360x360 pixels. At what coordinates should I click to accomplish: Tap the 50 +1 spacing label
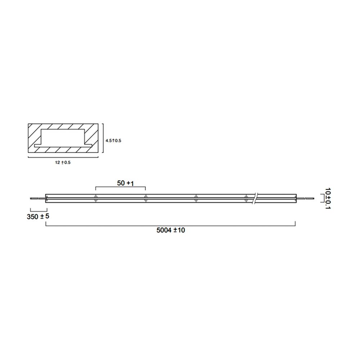[x=125, y=183]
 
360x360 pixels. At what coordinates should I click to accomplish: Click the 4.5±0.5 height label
[x=113, y=140]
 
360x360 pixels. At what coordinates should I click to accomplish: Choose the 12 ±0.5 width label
[x=63, y=163]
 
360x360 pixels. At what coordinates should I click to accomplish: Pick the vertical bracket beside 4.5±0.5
[x=103, y=140]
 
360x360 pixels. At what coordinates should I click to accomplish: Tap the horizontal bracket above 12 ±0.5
[x=63, y=157]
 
